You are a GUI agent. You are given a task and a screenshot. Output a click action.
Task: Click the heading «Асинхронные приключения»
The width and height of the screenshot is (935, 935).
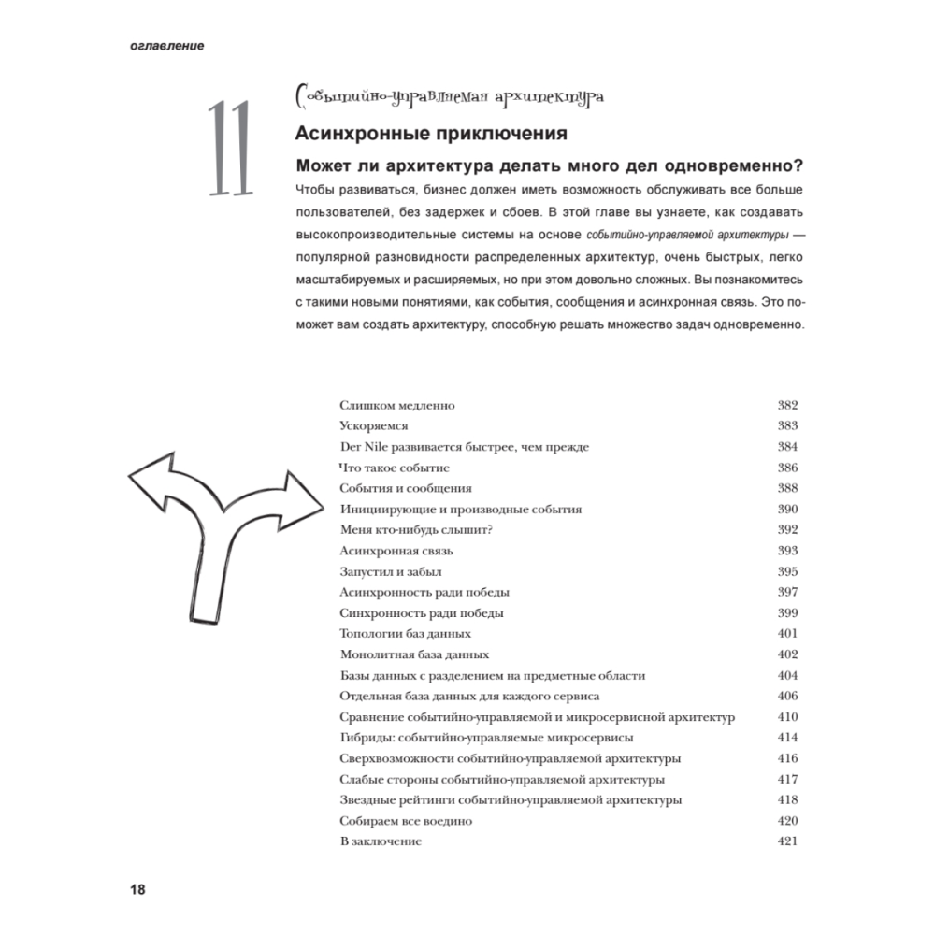click(x=431, y=133)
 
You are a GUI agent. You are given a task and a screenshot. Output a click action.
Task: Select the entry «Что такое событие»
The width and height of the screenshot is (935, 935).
click(x=395, y=467)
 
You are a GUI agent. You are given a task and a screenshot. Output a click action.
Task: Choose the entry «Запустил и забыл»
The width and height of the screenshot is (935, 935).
click(x=391, y=571)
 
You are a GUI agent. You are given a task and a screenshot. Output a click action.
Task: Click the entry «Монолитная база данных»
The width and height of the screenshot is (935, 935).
click(x=414, y=654)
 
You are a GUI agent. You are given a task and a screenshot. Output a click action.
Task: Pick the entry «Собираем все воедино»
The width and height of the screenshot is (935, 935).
click(x=406, y=821)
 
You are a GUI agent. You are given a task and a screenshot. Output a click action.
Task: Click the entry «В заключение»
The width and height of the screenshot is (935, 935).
click(x=381, y=841)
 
